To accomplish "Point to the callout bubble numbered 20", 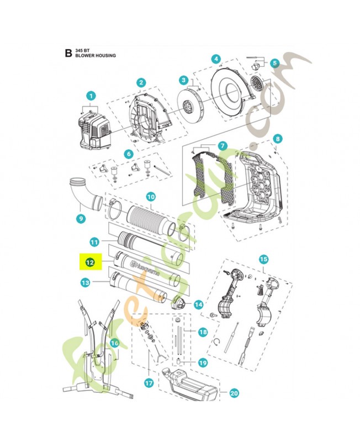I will click(234, 394).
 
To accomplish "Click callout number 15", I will click(263, 259).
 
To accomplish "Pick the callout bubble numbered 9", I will click(81, 218).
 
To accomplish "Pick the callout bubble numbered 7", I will click(222, 146).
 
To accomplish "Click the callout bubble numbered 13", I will click(85, 283).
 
